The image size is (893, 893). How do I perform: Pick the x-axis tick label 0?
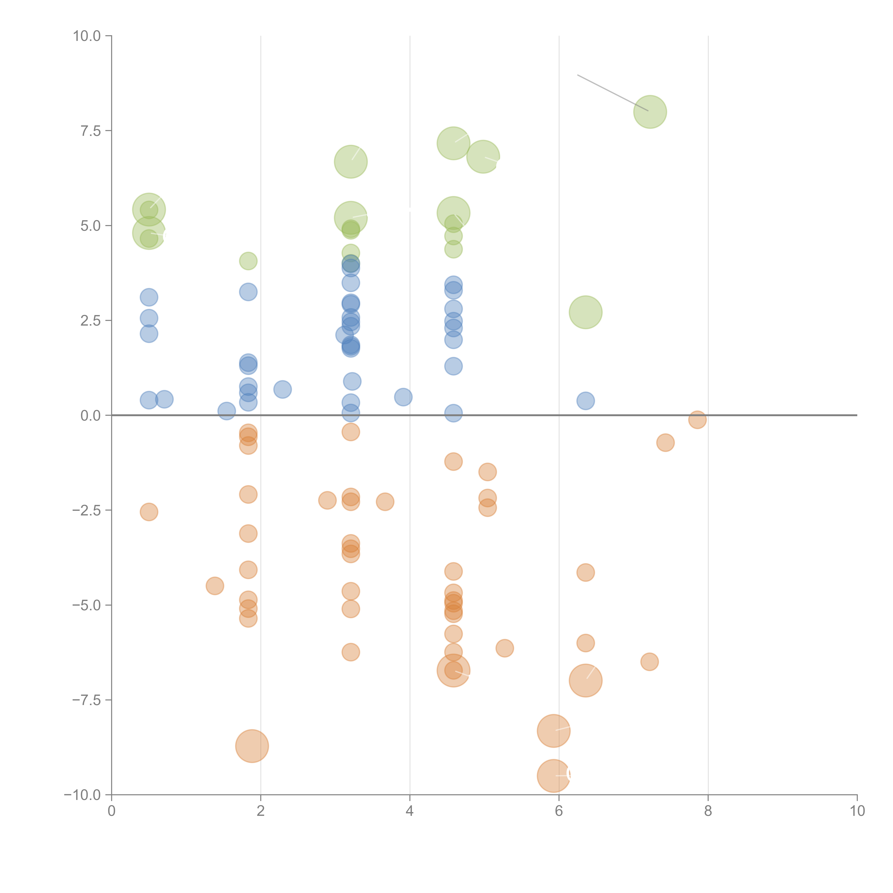click(x=111, y=811)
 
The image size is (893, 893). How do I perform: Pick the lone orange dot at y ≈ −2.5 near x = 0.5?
click(x=149, y=512)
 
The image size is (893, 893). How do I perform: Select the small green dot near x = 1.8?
click(x=248, y=261)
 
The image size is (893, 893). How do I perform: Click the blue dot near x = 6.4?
click(x=586, y=401)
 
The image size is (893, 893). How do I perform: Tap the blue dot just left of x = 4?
click(x=403, y=397)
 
